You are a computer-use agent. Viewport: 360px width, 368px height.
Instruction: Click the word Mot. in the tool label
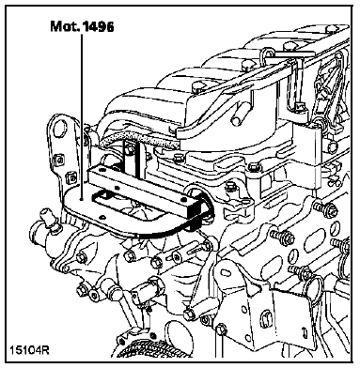pos(65,26)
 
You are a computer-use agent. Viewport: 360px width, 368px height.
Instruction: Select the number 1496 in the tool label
pos(98,26)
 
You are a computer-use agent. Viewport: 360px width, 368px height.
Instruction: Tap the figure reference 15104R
pos(29,349)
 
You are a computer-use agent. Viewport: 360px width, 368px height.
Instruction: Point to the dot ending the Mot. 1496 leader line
pos(82,199)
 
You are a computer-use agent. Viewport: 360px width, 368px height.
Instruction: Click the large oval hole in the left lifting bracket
pos(60,128)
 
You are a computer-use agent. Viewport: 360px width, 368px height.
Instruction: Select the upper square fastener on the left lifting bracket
pos(58,160)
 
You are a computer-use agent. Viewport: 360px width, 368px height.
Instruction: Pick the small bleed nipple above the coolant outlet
pos(47,218)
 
